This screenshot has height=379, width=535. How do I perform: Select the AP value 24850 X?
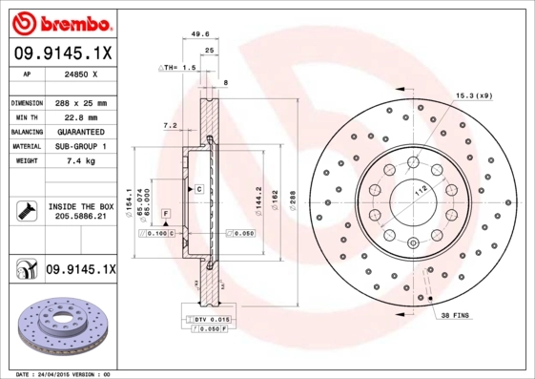click(x=82, y=72)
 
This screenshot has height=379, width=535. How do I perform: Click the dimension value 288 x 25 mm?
click(x=81, y=102)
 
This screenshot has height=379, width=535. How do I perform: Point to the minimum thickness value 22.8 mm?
click(x=81, y=116)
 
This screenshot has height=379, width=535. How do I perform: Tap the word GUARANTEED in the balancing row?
click(x=81, y=131)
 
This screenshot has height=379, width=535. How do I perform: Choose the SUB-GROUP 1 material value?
click(x=81, y=146)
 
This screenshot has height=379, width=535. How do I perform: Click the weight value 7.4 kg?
click(x=81, y=161)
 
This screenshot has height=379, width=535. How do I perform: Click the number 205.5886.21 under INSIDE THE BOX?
click(x=81, y=218)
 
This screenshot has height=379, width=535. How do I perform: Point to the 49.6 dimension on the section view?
click(x=200, y=33)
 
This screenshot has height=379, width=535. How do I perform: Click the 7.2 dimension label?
click(x=171, y=125)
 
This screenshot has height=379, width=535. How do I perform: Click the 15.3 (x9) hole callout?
click(x=472, y=95)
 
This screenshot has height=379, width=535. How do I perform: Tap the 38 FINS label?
click(x=455, y=314)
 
